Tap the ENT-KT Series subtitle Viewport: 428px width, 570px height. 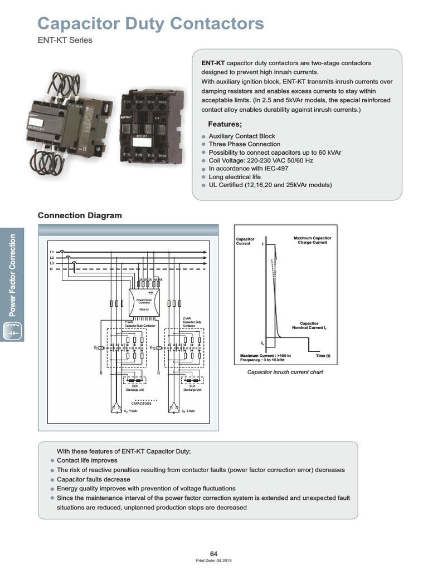point(64,40)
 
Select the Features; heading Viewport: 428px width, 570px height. point(225,124)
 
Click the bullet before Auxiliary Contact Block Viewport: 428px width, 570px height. point(204,136)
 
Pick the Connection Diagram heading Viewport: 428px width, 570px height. point(79,215)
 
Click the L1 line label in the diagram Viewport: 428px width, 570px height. point(52,253)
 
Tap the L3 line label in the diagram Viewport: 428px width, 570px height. point(52,263)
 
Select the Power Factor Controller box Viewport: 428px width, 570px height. point(144,303)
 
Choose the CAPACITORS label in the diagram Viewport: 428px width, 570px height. point(141,404)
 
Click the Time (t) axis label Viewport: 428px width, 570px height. point(323,355)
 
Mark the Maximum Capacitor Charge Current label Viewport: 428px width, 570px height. point(312,240)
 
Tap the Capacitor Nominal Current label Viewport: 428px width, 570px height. point(309,325)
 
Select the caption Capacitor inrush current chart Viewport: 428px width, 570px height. point(285,372)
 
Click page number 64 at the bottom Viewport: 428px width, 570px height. point(214,553)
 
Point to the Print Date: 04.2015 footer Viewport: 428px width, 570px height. point(214,560)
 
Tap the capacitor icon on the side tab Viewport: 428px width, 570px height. point(12,332)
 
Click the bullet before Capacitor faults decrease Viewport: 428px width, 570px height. point(52,479)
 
